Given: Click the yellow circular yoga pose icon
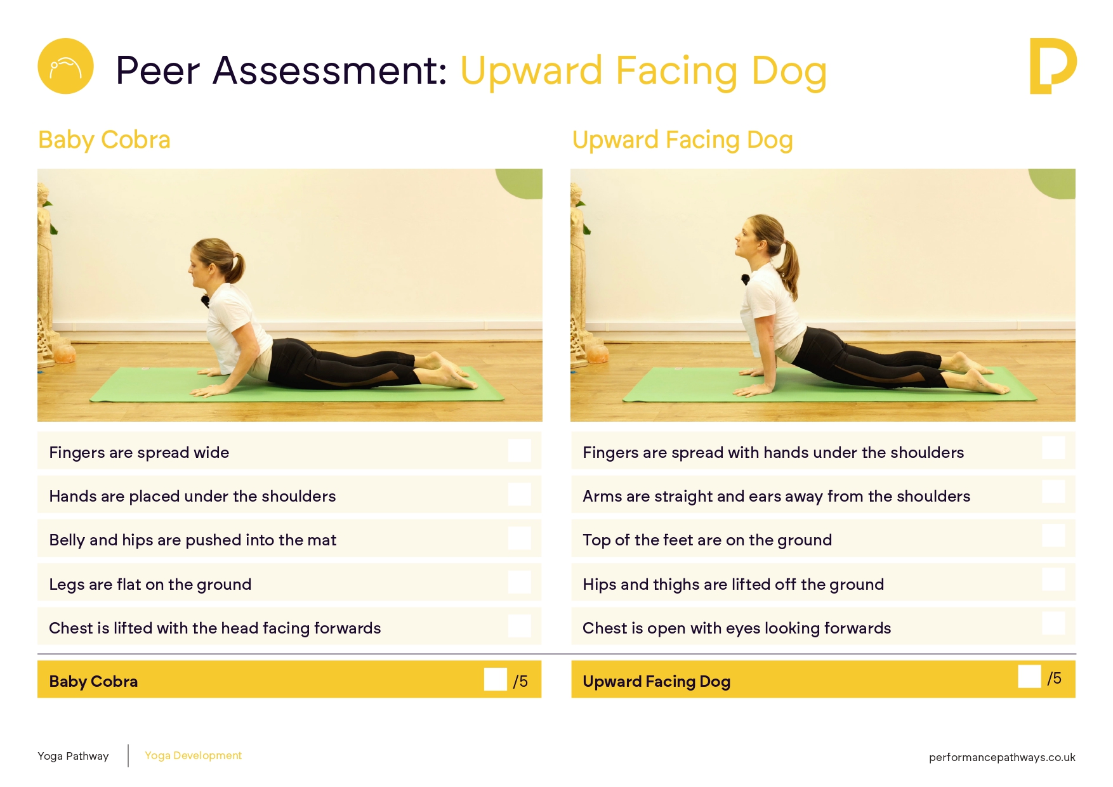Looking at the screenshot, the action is [65, 66].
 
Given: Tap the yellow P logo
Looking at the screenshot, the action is [1053, 66].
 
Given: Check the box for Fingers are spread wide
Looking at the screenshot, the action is [519, 451].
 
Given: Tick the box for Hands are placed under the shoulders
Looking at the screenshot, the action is [519, 495].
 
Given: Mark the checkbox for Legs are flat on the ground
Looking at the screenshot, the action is [519, 582].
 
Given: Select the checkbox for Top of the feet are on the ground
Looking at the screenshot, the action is [1053, 535].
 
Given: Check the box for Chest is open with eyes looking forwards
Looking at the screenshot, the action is [1053, 623].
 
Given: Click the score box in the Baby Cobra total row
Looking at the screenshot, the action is [495, 679].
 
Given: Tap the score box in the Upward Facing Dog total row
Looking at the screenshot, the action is [1029, 676].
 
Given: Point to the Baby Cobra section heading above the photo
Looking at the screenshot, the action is [104, 140].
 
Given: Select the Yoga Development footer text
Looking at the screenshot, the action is [193, 755].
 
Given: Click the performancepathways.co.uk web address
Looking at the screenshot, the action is [1002, 757].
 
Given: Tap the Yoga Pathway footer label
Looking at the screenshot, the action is [73, 756].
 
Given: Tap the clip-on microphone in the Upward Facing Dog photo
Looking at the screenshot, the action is [746, 279].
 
